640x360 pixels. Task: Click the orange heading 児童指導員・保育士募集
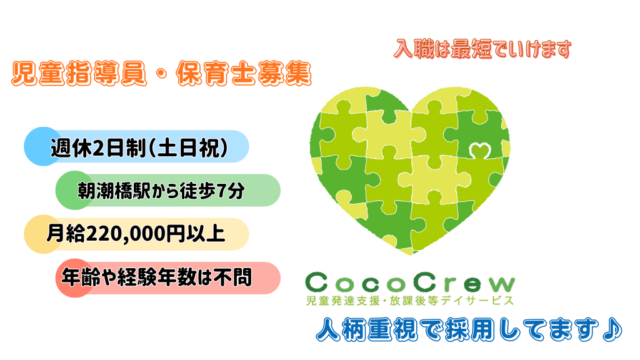(162, 74)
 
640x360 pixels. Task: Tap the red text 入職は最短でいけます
(482, 49)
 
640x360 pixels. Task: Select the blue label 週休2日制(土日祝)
(139, 147)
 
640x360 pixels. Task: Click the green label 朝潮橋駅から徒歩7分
(161, 191)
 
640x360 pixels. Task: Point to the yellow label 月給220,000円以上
(136, 234)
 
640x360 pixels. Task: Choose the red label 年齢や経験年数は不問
(157, 277)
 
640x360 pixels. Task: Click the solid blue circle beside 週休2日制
(43, 146)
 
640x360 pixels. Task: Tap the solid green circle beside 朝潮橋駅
(75, 190)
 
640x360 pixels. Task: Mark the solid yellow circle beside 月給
(43, 234)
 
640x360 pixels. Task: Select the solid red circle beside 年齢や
(75, 278)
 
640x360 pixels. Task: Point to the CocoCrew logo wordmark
(410, 282)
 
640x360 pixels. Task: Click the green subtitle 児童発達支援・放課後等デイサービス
(410, 301)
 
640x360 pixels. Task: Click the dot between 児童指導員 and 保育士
(162, 75)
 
